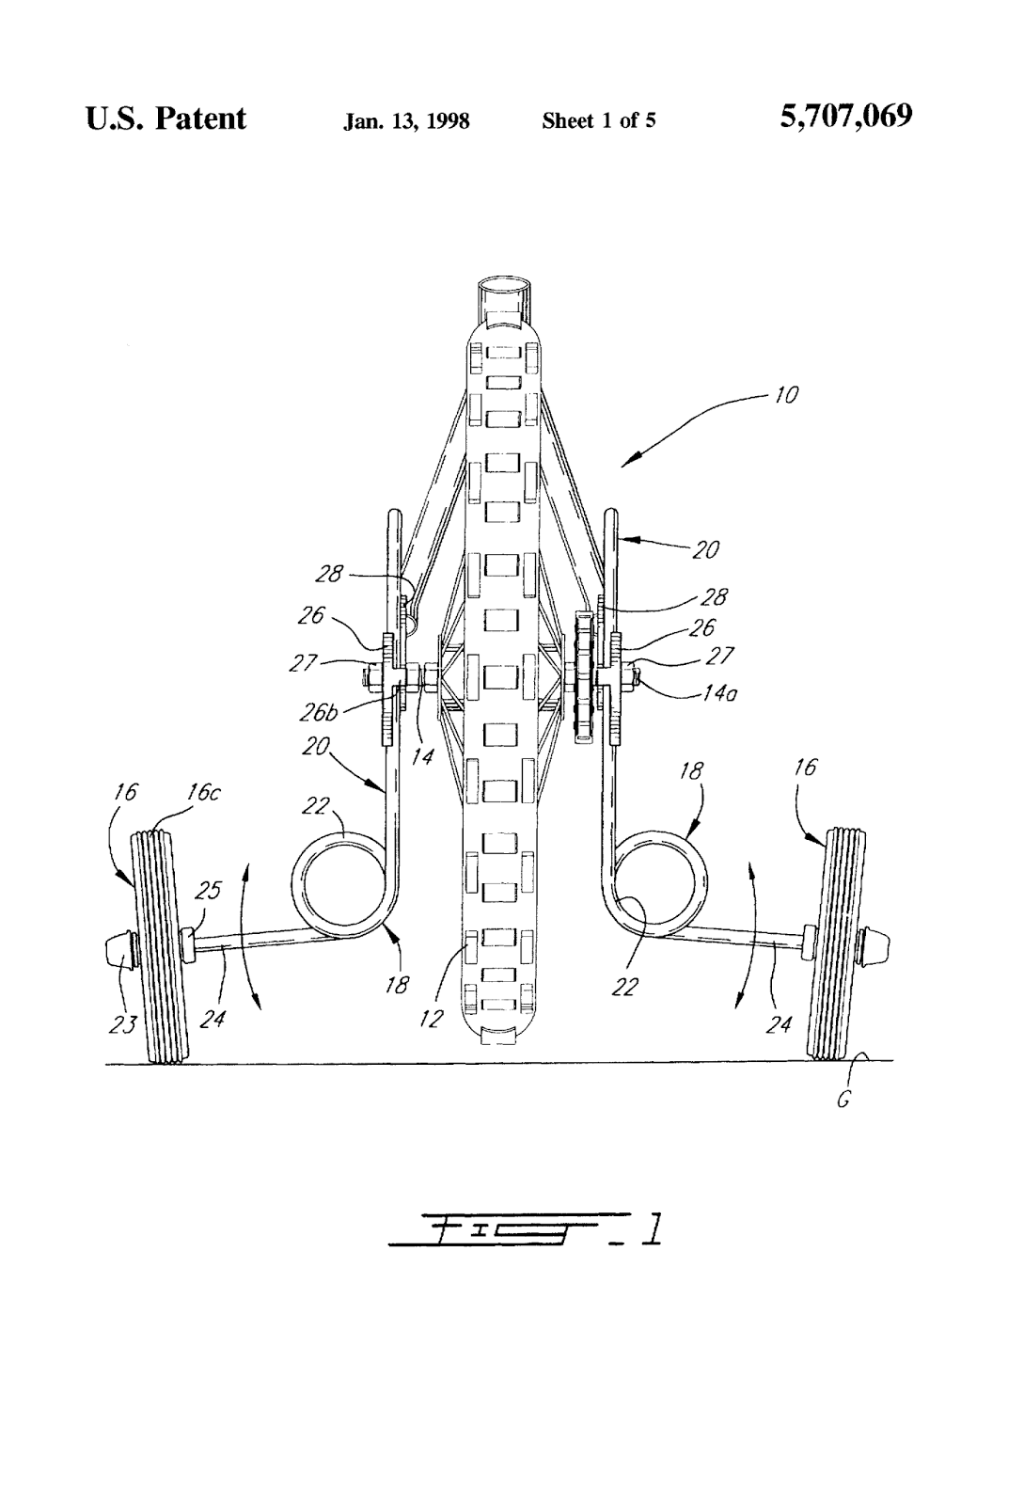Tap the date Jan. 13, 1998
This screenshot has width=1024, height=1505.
pos(406,121)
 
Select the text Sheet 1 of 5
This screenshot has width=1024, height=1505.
pos(598,120)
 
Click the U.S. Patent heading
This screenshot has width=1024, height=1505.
pos(165,119)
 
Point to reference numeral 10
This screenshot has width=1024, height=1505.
pos(785,395)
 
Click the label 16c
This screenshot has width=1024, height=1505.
pos(202,792)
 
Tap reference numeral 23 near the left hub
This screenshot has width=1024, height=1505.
pos(121,1024)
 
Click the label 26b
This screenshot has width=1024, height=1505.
pos(318,712)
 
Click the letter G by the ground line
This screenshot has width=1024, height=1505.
pos(843,1099)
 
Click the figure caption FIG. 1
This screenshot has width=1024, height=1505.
pos(527,1229)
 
